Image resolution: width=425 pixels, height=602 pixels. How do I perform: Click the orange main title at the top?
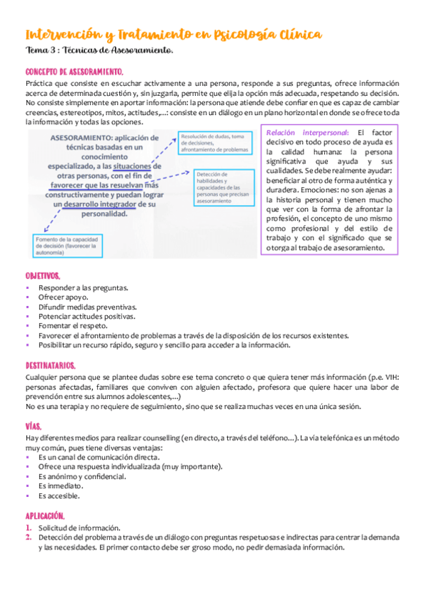pos(172,34)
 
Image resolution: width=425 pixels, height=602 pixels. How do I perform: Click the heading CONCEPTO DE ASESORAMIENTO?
pos(74,72)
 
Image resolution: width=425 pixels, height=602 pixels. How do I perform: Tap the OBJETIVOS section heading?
pos(43,275)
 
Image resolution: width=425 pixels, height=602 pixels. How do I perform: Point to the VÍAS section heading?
pos(33,427)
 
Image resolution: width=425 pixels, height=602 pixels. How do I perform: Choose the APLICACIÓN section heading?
pos(45,516)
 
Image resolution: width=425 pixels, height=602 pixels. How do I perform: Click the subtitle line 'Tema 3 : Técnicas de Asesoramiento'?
pos(99,51)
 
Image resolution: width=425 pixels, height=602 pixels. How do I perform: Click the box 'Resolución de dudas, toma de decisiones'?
pos(215,143)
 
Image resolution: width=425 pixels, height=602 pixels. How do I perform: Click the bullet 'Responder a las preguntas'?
pos(83,288)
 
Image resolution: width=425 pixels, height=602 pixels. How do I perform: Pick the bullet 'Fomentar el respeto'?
pos(73,326)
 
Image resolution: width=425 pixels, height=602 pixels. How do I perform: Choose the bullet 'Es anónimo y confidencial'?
pos(82,476)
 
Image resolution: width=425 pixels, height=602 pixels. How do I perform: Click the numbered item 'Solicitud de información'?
pos(79,528)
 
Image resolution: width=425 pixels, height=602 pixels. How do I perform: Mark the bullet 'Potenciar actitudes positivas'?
pos(89,317)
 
